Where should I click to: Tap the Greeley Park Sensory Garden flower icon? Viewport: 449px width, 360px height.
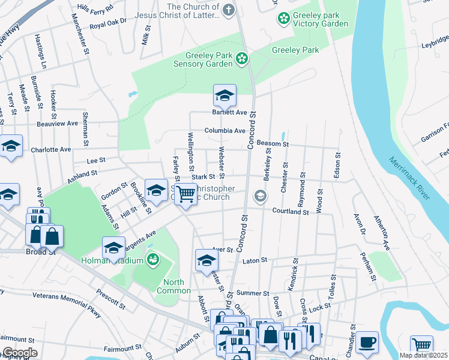coord(242,58)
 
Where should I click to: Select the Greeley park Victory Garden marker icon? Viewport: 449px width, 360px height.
coord(283,19)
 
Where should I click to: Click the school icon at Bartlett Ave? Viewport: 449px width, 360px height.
coord(224,96)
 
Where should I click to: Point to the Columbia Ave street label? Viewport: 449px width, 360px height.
coord(224,131)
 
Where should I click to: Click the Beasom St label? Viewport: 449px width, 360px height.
coord(273,144)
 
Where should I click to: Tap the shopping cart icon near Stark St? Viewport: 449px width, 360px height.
coord(187,194)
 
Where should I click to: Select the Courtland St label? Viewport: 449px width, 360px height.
coord(290,211)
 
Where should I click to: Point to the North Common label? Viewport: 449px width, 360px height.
coord(173,287)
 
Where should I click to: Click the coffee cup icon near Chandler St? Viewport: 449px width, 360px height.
coord(367,343)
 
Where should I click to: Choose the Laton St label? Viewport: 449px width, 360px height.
coord(254,261)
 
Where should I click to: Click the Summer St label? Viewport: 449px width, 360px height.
coord(253,293)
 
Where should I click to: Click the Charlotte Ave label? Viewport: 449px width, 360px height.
coord(51,149)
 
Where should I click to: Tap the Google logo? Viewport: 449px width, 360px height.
coord(19,353)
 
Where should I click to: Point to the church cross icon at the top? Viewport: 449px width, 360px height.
coord(228,10)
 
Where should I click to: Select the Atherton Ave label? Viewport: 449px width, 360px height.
coord(382,233)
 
